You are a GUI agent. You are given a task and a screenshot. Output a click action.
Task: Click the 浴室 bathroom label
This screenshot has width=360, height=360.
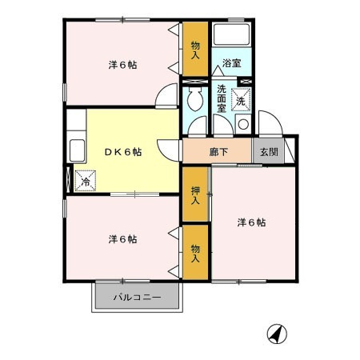(232, 62)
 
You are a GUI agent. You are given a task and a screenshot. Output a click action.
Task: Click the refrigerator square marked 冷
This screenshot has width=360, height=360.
(86, 182)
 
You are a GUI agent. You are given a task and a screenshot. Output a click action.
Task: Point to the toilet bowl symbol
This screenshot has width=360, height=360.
(194, 102)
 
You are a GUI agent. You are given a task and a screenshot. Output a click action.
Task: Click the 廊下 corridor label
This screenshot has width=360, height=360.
(218, 151)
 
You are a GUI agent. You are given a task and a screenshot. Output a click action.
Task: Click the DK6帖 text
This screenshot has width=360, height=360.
(122, 152)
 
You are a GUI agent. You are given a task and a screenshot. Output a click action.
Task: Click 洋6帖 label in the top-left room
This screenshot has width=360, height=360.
(122, 64)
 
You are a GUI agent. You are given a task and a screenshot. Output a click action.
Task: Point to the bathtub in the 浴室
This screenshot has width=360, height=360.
(233, 37)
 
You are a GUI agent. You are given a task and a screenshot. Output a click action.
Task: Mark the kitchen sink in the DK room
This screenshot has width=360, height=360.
(78, 150)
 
